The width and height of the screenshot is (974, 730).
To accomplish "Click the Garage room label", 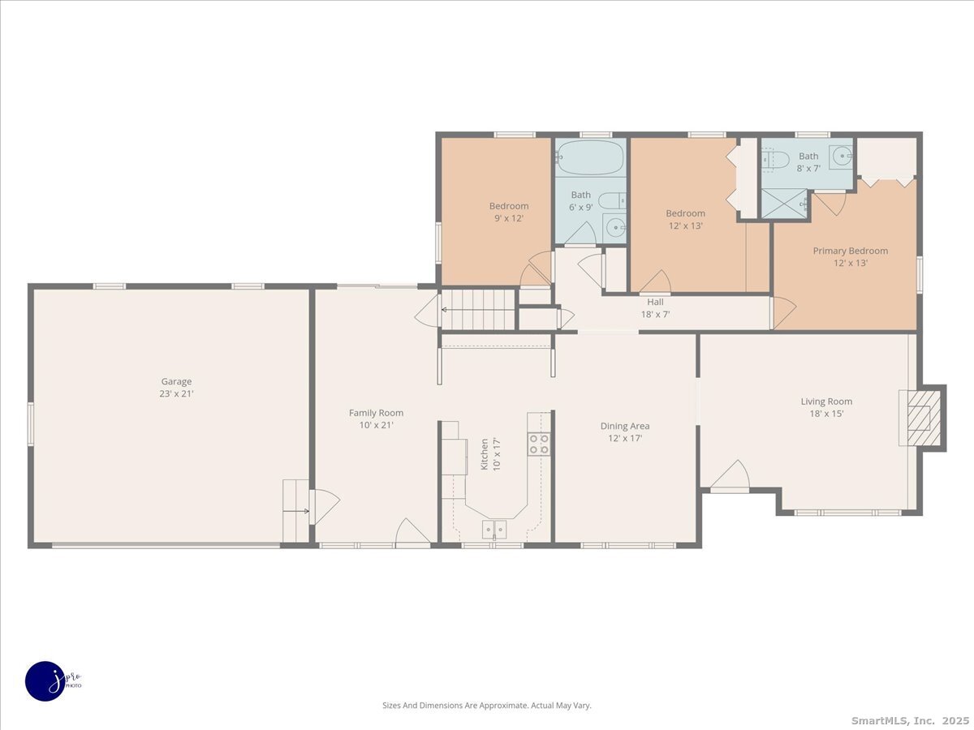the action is [176, 381].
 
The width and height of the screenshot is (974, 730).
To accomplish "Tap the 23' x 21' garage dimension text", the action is [176, 393].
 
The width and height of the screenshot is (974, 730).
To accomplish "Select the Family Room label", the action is [376, 413].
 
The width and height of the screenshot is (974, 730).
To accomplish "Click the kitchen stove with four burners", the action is [539, 444].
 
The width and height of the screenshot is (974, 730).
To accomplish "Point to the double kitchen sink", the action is [494, 529].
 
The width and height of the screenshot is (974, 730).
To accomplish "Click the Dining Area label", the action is [625, 426].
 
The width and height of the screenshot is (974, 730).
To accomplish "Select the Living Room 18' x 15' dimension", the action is [826, 414].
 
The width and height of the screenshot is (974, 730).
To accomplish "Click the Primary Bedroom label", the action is [850, 251].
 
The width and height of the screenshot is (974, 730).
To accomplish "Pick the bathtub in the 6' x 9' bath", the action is [591, 157].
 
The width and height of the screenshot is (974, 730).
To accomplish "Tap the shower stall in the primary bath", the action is [785, 204].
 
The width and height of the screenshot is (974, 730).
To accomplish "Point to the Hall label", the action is [655, 302].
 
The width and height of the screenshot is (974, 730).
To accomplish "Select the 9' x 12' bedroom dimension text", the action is [509, 218].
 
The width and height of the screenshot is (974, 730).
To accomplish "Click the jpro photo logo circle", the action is [45, 681].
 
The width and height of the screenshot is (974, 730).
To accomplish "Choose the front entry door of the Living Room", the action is [730, 475].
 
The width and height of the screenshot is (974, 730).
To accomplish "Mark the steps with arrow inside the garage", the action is [296, 510].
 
